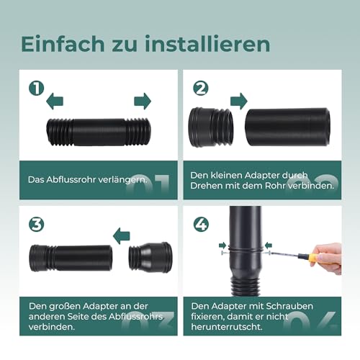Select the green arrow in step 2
click(x=238, y=99)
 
